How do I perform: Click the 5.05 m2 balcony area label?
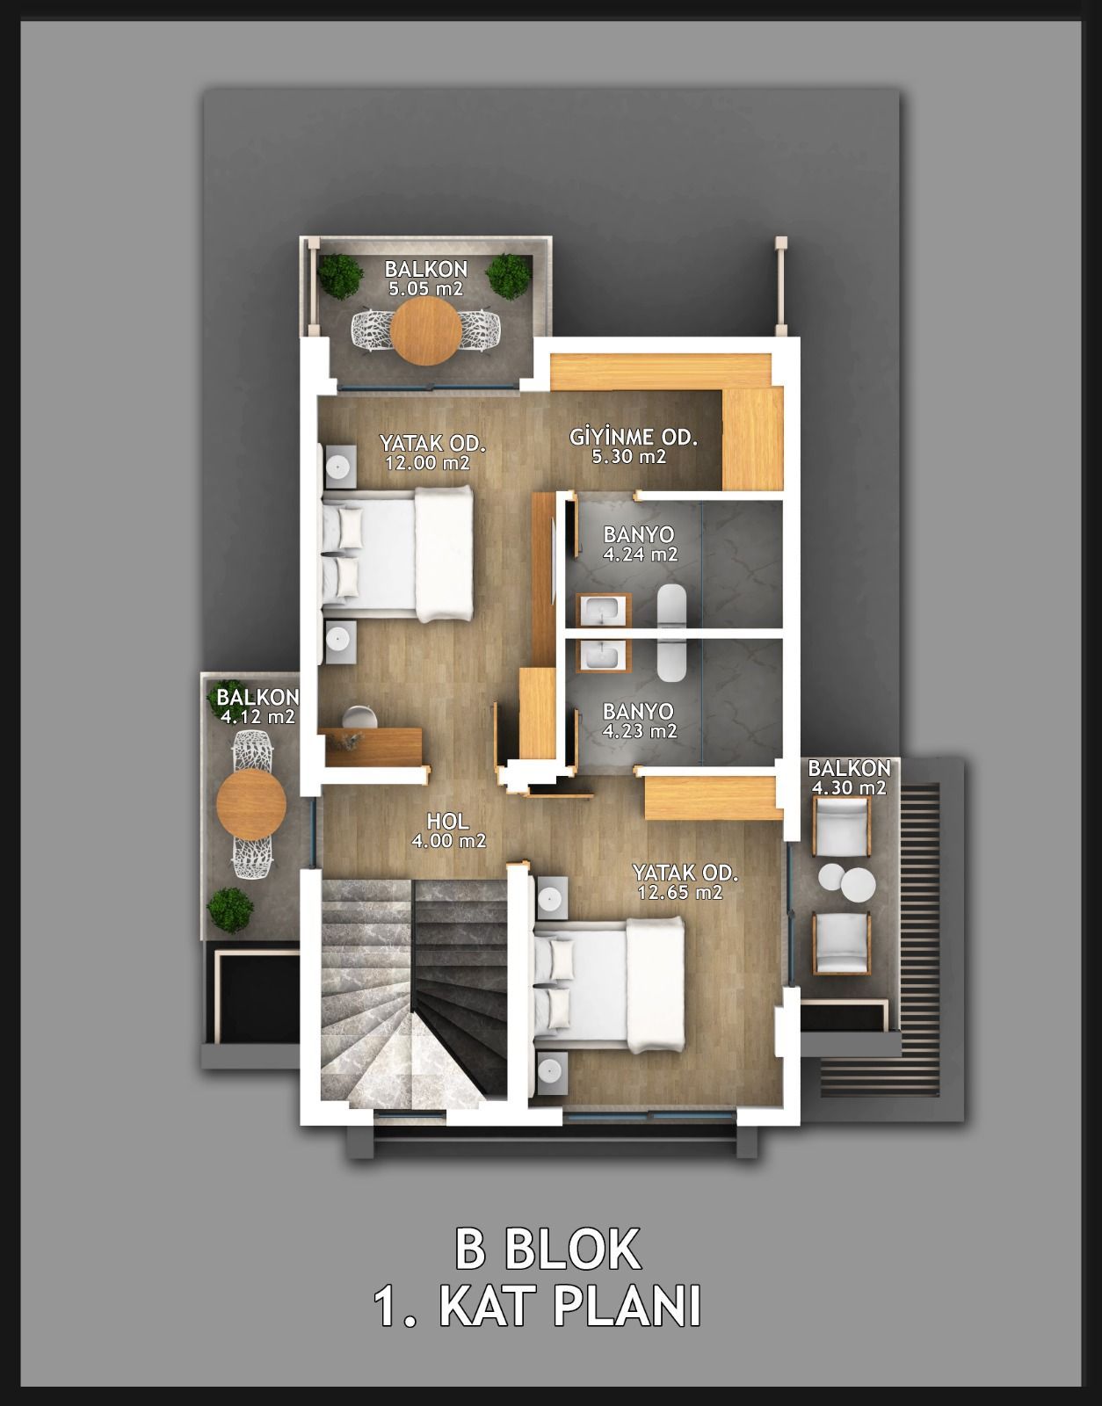[x=426, y=288]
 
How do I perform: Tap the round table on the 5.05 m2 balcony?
[x=426, y=330]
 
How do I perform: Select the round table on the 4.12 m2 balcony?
[x=251, y=803]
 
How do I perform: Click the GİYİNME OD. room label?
[x=634, y=437]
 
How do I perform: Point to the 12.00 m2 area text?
[x=427, y=462]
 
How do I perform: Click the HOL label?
[x=448, y=821]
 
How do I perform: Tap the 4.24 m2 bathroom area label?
[x=640, y=554]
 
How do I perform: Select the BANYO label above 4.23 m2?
[x=639, y=711]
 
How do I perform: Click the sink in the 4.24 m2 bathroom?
[x=603, y=610]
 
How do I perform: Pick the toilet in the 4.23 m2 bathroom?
[x=672, y=660]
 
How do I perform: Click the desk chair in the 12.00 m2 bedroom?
[x=359, y=717]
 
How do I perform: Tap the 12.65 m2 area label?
[x=680, y=893]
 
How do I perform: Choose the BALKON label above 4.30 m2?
[x=849, y=768]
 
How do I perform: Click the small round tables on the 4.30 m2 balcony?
[x=846, y=881]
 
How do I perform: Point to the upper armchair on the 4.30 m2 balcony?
[x=841, y=826]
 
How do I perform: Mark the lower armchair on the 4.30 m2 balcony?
[x=841, y=942]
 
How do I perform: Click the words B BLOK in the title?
[x=547, y=1249]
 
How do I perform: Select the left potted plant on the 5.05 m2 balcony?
[x=340, y=276]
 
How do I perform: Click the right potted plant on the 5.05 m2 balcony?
[x=510, y=276]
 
